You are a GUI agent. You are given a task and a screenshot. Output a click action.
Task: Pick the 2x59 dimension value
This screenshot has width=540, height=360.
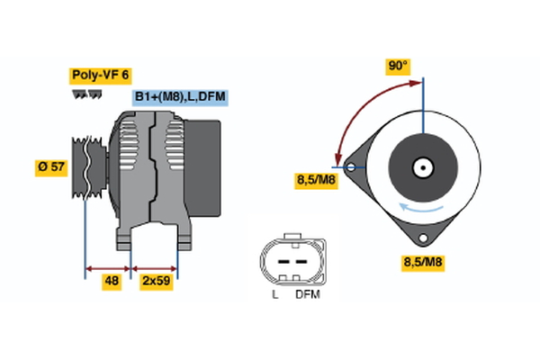(156, 281)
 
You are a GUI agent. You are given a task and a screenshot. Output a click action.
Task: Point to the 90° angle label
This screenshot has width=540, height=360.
(398, 66)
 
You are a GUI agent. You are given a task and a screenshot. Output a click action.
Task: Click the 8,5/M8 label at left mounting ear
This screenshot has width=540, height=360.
(317, 180)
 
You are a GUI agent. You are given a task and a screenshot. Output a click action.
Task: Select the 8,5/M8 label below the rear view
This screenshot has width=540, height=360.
(422, 263)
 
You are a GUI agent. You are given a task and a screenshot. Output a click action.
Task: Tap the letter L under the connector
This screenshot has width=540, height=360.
(274, 294)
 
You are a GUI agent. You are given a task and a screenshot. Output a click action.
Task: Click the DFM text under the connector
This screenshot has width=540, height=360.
(306, 294)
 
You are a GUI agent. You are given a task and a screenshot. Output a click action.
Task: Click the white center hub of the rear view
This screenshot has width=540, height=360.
(421, 166)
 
